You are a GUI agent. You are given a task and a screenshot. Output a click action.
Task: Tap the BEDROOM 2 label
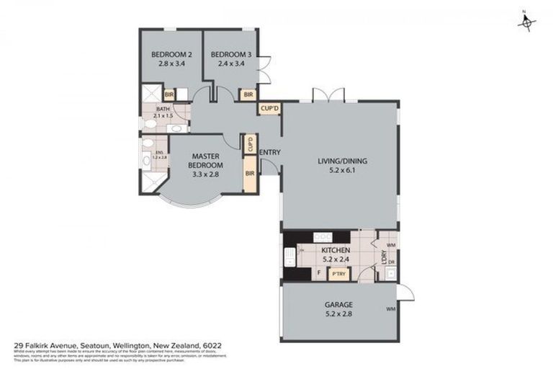pyautogui.click(x=171, y=55)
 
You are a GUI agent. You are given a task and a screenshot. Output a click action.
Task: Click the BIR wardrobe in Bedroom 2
pyautogui.click(x=171, y=94)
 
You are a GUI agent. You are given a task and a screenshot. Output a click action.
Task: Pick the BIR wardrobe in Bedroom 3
pyautogui.click(x=248, y=94)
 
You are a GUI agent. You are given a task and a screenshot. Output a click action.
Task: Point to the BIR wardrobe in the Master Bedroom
pyautogui.click(x=250, y=174)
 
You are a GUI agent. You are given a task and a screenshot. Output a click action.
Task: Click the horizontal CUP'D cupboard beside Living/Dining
pyautogui.click(x=269, y=109)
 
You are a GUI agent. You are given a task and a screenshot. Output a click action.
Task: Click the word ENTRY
pyautogui.click(x=269, y=152)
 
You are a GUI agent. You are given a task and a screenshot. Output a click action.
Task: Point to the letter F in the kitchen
pyautogui.click(x=318, y=273)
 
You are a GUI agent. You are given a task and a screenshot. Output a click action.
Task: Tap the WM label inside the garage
pyautogui.click(x=391, y=309)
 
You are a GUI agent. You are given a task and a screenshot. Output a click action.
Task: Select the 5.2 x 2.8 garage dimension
pyautogui.click(x=338, y=314)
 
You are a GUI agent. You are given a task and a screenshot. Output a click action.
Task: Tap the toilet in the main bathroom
pyautogui.click(x=149, y=125)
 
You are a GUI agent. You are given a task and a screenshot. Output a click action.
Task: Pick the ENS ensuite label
pyautogui.click(x=159, y=154)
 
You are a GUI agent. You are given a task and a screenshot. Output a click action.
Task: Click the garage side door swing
pyautogui.click(x=407, y=292)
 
